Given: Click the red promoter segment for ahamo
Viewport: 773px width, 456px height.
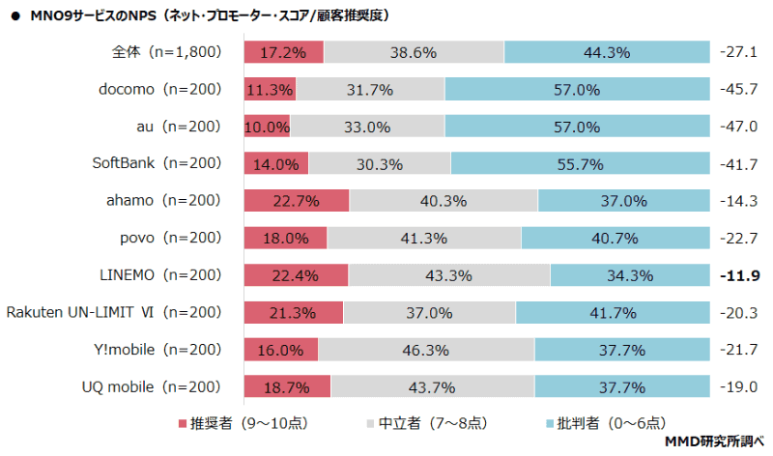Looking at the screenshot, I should (x=296, y=201).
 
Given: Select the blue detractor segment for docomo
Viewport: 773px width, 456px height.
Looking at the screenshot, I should (x=577, y=90).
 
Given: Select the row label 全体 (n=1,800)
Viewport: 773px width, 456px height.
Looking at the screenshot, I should (x=166, y=52).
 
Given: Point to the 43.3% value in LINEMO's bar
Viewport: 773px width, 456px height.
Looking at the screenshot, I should (x=448, y=275).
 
